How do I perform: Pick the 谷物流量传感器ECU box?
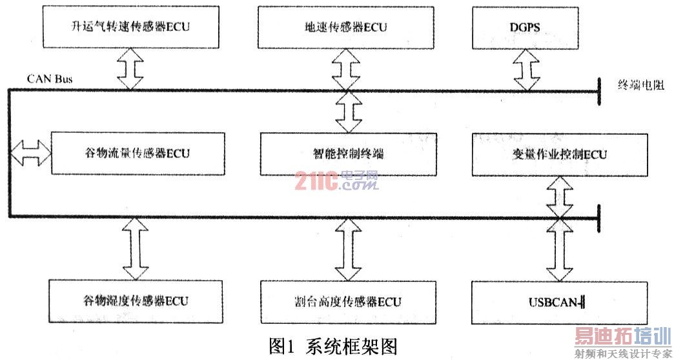(x=137, y=153)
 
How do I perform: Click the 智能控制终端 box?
(x=348, y=153)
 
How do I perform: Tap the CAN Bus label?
(x=50, y=79)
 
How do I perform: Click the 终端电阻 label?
(x=641, y=85)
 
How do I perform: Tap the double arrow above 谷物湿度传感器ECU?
(x=136, y=248)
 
